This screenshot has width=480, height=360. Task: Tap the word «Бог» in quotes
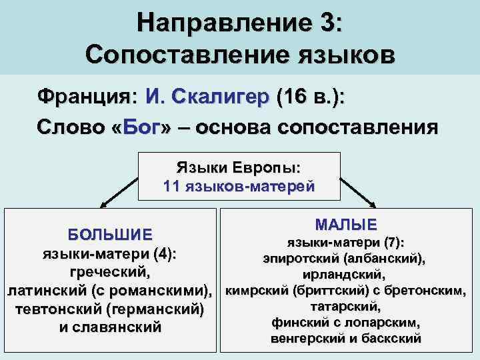click(x=140, y=127)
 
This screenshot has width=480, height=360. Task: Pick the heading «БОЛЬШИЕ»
click(x=110, y=235)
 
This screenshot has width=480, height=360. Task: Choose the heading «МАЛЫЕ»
click(x=345, y=224)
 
